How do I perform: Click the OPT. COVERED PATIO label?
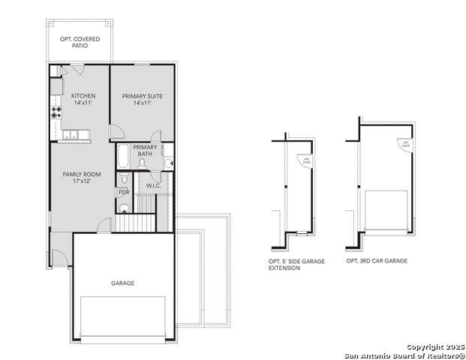point(80,42)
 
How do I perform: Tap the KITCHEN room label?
point(83,99)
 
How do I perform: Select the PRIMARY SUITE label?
point(143,99)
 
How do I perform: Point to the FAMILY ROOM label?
point(82,178)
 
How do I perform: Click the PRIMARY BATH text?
point(145,150)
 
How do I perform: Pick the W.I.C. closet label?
point(154,185)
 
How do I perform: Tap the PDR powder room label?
point(124,192)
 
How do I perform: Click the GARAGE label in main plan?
point(123,283)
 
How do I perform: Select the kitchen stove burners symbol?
point(56,112)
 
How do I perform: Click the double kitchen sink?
point(72,135)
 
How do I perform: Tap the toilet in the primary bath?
point(142,163)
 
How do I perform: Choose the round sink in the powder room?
point(125,208)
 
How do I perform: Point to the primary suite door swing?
point(116,132)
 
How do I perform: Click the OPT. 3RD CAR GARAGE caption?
point(377,261)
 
